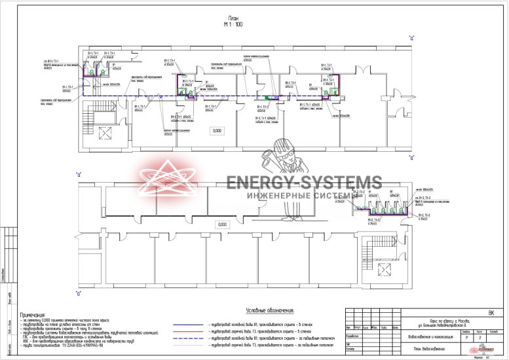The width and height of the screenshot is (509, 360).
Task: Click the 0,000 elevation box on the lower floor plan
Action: pyautogui.click(x=222, y=225)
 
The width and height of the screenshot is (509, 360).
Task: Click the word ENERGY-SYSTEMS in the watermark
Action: pyautogui.click(x=303, y=183)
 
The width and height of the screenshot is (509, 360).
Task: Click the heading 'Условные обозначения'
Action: pyautogui.click(x=269, y=310)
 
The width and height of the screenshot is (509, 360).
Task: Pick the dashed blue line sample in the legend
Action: pyautogui.click(x=189, y=338)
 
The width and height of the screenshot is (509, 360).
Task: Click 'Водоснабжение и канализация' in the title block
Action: pyautogui.click(x=428, y=337)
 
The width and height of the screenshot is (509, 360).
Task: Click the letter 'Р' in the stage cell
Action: pyautogui.click(x=466, y=337)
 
